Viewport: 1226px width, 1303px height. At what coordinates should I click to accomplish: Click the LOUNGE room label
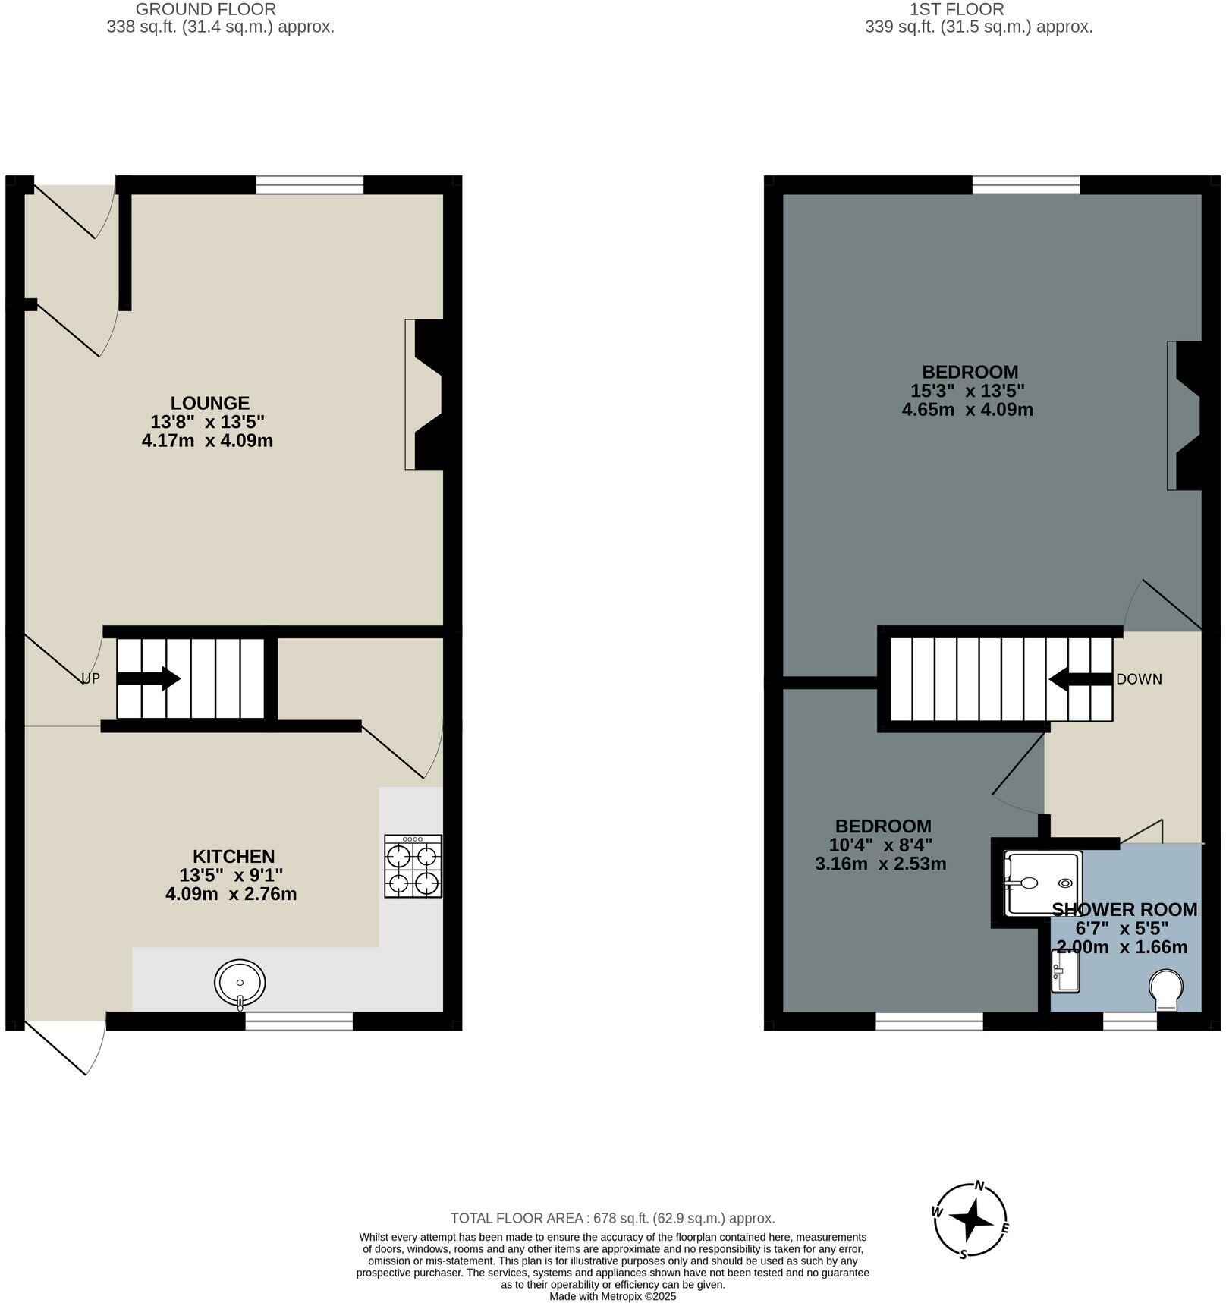point(209,403)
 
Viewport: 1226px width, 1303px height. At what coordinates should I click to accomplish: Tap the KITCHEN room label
point(233,857)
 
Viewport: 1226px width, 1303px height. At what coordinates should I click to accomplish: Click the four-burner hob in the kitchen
point(413,866)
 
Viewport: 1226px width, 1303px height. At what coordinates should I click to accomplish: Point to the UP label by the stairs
point(90,678)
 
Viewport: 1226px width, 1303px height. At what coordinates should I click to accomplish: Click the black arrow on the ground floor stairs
point(149,678)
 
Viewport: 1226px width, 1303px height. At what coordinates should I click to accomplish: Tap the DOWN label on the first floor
point(1138,679)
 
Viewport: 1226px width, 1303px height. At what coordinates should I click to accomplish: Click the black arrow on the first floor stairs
point(1080,679)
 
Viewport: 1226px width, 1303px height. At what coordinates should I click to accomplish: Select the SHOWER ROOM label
point(1124,909)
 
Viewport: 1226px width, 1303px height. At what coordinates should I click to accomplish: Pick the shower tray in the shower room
point(1041,883)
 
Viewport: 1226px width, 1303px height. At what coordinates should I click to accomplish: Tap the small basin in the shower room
point(1065,971)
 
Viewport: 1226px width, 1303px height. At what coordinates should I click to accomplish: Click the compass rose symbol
point(972,1220)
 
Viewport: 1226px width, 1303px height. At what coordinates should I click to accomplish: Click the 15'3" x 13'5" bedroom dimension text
point(967,391)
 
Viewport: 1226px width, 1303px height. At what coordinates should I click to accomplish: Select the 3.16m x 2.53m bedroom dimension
point(880,864)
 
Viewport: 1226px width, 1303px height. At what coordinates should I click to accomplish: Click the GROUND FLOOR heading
point(206,10)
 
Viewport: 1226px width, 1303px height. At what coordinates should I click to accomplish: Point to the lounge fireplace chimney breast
point(429,395)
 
